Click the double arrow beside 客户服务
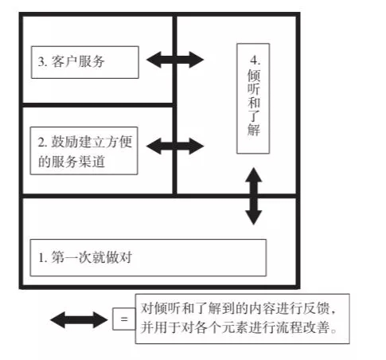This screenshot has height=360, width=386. [x=175, y=60]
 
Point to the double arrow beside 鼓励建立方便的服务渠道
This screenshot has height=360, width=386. [x=175, y=146]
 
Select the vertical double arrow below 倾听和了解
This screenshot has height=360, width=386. [x=254, y=196]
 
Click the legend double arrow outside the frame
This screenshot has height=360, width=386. [x=79, y=319]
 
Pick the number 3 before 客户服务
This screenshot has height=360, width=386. [x=41, y=62]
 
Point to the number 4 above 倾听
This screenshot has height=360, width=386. [x=254, y=61]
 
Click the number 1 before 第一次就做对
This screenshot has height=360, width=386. [x=41, y=257]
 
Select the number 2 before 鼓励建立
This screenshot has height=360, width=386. [x=41, y=142]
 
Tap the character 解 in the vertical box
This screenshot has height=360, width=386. [x=254, y=130]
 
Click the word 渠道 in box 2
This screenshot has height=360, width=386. [x=92, y=162]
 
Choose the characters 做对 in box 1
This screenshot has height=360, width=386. [x=119, y=257]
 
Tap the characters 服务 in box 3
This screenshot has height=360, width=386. [x=92, y=61]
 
